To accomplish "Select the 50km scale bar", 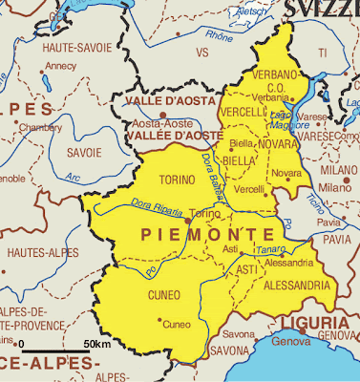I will click(54, 351).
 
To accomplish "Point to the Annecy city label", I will click(60, 67).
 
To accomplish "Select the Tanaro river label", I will click(272, 248).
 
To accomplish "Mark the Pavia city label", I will click(328, 222).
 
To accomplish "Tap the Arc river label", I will click(72, 176).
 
